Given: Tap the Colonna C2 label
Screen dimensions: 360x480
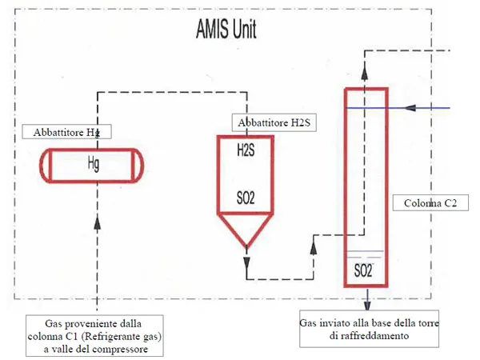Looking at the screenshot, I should pyautogui.click(x=429, y=202).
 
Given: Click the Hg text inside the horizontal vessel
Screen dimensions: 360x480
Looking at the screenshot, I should pyautogui.click(x=94, y=165).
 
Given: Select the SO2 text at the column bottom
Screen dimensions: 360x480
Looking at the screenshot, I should pyautogui.click(x=363, y=271).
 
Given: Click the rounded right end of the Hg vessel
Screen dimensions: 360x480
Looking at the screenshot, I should pyautogui.click(x=142, y=166).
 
